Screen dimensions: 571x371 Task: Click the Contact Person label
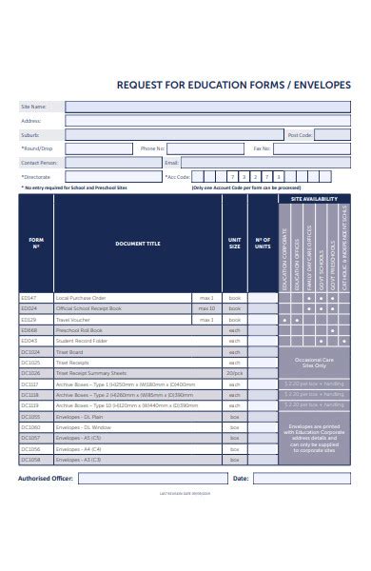tap(39, 163)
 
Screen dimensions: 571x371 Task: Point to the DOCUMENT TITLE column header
tap(138, 244)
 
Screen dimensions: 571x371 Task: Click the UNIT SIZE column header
tap(234, 244)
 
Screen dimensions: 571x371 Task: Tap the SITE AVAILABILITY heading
tap(313, 199)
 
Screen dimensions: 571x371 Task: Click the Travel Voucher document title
tap(73, 319)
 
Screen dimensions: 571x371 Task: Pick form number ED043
tap(29, 340)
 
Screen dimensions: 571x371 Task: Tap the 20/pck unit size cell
tap(234, 372)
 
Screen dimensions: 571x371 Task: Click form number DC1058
tap(30, 459)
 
